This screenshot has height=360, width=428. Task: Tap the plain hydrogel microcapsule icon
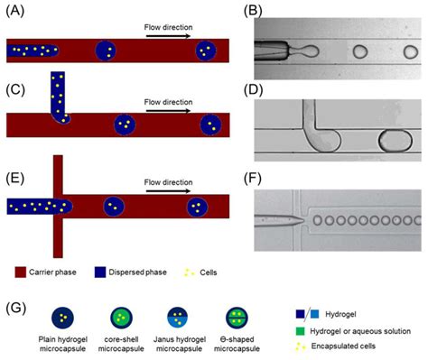click(x=62, y=316)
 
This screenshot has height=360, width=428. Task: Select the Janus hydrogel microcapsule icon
click(x=173, y=316)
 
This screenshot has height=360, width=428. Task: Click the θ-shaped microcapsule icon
click(x=233, y=316)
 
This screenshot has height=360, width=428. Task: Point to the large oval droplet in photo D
click(x=392, y=142)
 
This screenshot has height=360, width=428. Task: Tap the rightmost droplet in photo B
click(x=399, y=51)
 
